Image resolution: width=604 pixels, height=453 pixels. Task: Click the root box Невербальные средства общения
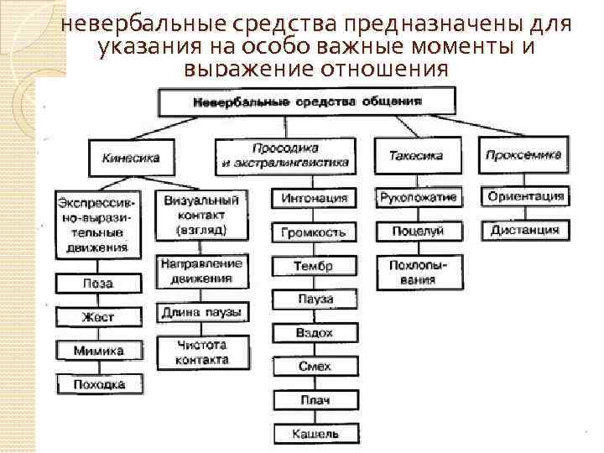(x=308, y=102)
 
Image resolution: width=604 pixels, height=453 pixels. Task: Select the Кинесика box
(x=131, y=156)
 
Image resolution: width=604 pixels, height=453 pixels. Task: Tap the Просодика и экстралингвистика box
(x=286, y=155)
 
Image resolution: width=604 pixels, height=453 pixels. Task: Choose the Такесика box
(x=416, y=155)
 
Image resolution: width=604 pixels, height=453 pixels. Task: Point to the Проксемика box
(x=523, y=155)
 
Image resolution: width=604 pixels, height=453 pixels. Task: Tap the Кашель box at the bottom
(x=315, y=434)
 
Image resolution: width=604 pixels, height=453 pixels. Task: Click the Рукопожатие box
(x=418, y=198)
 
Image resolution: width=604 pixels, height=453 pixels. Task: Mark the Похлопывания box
(x=418, y=273)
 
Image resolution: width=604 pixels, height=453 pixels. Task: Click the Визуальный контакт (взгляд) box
(x=201, y=214)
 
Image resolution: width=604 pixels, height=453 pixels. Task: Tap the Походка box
(x=98, y=385)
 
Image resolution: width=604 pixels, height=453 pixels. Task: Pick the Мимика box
(x=98, y=351)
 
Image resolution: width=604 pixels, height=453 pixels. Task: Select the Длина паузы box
(x=201, y=313)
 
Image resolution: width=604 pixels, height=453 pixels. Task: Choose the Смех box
(x=315, y=367)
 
